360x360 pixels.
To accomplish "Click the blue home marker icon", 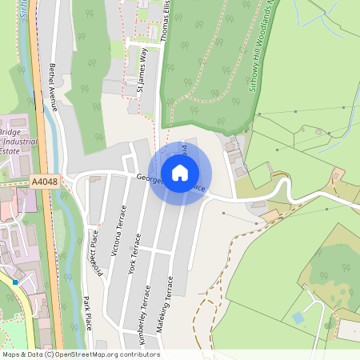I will (x=180, y=173).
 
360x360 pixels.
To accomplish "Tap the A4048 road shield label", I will (x=44, y=182).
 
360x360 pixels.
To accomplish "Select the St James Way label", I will (x=142, y=70).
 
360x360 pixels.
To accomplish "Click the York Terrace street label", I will (x=134, y=254).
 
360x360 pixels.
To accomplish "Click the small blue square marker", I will (x=15, y=282).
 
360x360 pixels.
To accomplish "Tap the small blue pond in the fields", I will (x=298, y=318).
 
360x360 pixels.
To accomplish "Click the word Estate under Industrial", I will (x=10, y=150).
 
